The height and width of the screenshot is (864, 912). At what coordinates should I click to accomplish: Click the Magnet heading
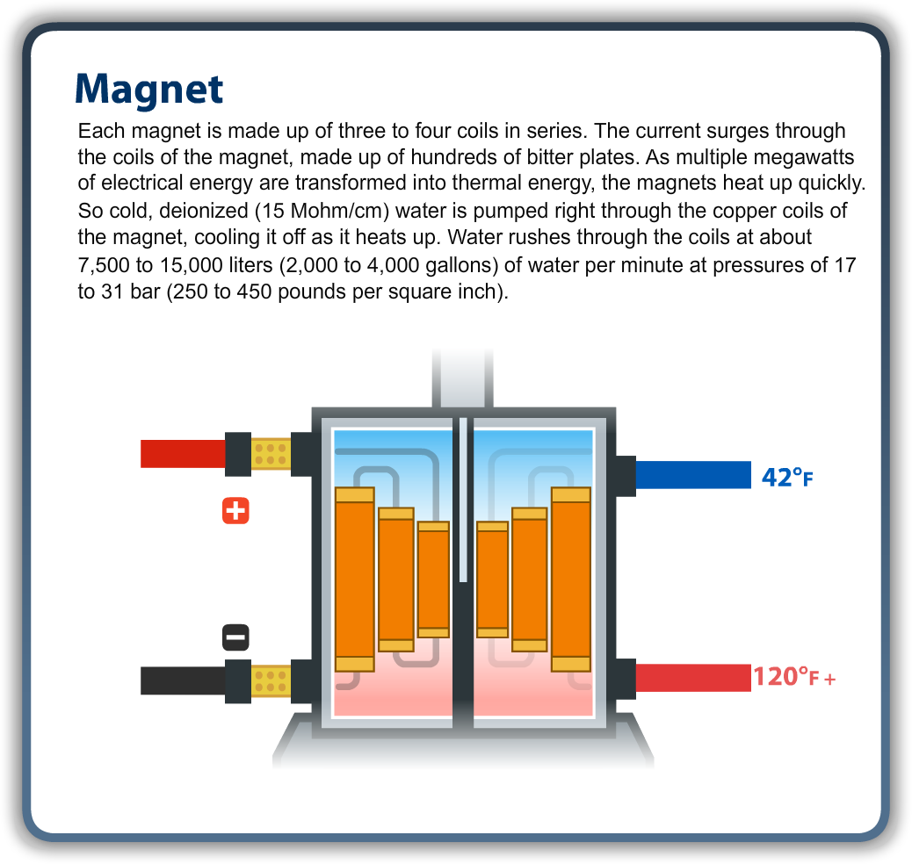(149, 89)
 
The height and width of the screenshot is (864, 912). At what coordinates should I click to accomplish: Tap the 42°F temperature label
(787, 477)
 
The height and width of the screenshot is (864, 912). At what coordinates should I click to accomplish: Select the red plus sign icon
(235, 510)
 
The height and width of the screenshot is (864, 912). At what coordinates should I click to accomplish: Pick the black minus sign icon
(235, 637)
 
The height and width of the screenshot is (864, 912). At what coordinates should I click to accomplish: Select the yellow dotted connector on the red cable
(271, 453)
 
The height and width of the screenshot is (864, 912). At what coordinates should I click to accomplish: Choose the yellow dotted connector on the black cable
(271, 680)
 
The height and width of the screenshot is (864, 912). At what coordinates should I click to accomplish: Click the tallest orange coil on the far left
(355, 579)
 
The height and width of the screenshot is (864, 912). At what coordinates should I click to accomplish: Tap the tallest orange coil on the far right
(570, 579)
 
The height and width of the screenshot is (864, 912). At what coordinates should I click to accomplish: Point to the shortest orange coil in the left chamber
(433, 579)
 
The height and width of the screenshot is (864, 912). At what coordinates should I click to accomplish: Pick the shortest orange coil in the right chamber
(492, 579)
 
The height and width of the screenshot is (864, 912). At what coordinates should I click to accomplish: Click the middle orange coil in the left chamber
(395, 579)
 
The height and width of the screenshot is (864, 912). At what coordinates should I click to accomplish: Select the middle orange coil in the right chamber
(530, 579)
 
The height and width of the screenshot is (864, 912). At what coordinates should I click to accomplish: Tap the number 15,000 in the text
(185, 265)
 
